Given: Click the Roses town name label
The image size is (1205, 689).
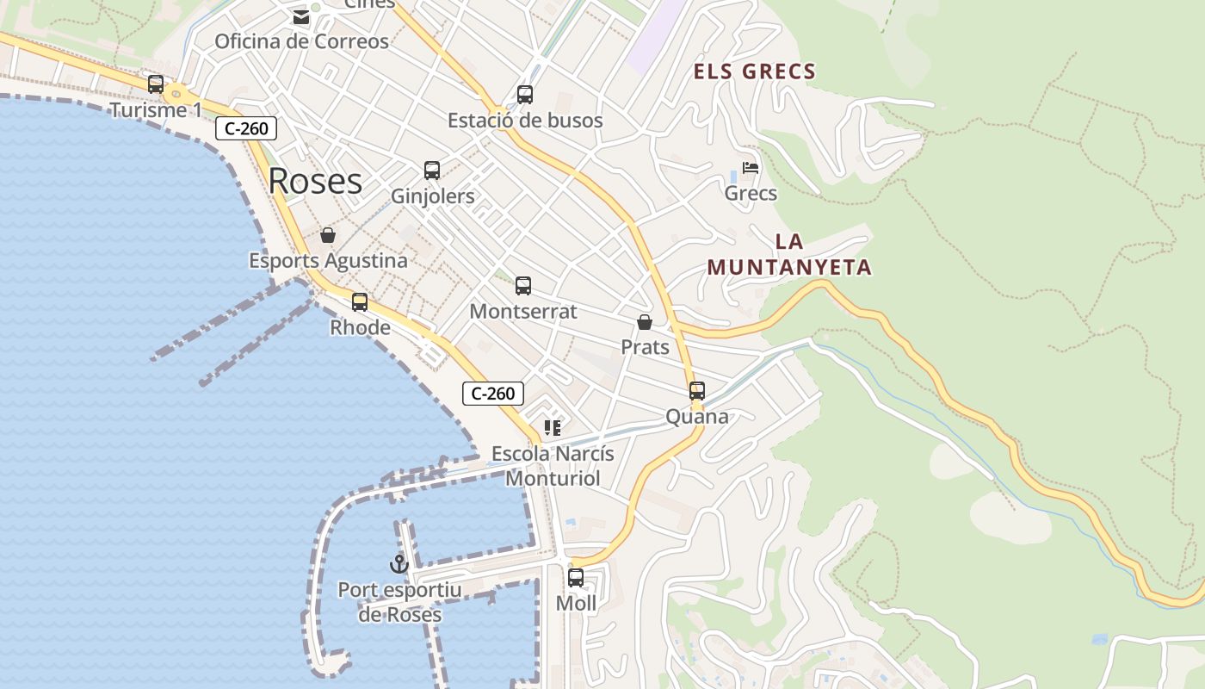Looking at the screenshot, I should coord(315,181).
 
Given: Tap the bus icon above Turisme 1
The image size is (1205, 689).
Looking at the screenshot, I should coord(156,84).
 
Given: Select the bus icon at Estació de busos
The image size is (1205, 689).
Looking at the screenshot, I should coord(525,95).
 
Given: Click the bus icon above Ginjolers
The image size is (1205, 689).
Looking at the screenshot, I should coord(432,171).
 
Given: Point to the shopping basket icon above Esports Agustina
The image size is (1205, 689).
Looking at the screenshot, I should coord(328,235).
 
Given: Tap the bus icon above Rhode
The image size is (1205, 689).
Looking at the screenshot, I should coord(360,302).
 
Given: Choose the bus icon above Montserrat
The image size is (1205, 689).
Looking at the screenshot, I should coord(523,286).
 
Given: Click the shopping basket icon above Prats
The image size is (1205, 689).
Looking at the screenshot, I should coord(645,322).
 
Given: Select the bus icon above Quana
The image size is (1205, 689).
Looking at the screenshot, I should coord(697,391).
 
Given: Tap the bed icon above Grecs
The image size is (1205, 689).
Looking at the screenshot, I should coord(751,168).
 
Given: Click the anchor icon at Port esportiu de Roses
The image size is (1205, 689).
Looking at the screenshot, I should coord(399,565).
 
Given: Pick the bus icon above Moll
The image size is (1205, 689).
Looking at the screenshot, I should coord(576,578).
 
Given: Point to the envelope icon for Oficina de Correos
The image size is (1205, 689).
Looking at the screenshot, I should coord(301,16).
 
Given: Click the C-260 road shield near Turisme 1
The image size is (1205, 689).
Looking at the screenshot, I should coord(246,129).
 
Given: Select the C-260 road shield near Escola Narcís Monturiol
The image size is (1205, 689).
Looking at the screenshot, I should coord(493,394).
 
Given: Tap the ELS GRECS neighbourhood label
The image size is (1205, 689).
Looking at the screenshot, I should coord(755,71).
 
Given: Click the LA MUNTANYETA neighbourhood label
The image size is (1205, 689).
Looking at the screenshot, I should coord(789,255).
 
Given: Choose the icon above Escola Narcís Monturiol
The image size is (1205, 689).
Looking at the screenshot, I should coord(553,428).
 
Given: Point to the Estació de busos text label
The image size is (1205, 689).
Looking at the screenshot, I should coord(525,121).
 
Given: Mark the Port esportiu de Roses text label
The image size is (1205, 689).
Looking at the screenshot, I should coord(399,602).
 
